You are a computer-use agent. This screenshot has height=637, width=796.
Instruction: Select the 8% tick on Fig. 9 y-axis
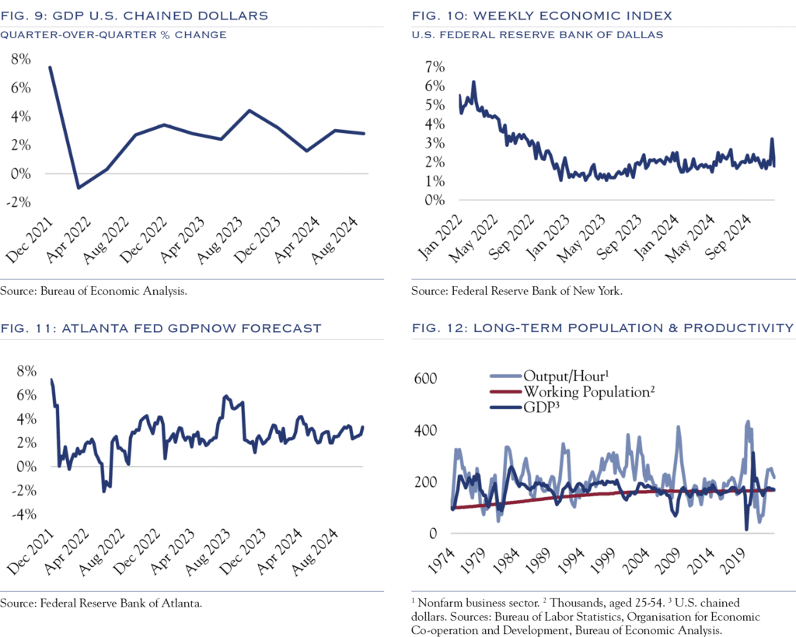click(21, 59)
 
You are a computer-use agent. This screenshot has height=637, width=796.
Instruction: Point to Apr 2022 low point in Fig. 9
click(79, 187)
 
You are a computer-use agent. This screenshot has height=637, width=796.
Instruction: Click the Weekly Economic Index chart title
click(542, 15)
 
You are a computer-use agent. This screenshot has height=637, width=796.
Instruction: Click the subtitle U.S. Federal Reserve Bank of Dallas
click(536, 34)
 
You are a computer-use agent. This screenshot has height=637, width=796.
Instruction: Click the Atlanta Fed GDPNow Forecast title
click(161, 328)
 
